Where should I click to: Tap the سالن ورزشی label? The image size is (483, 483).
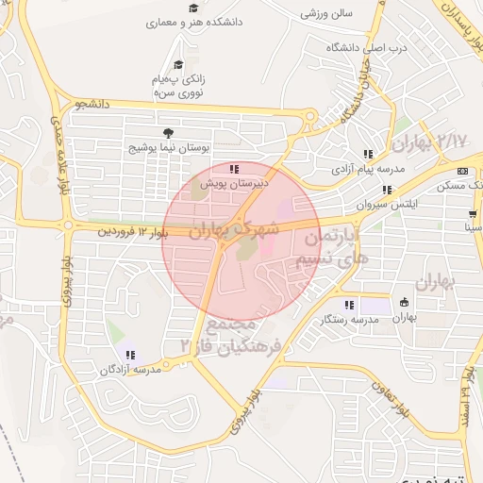pos(326,13)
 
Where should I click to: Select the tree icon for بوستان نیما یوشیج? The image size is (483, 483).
pos(167,133)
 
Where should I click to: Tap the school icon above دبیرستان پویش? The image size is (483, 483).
pos(234,169)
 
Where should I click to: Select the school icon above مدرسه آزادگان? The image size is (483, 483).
pos(130,356)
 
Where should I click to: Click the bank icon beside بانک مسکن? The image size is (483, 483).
pos(461,171)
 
